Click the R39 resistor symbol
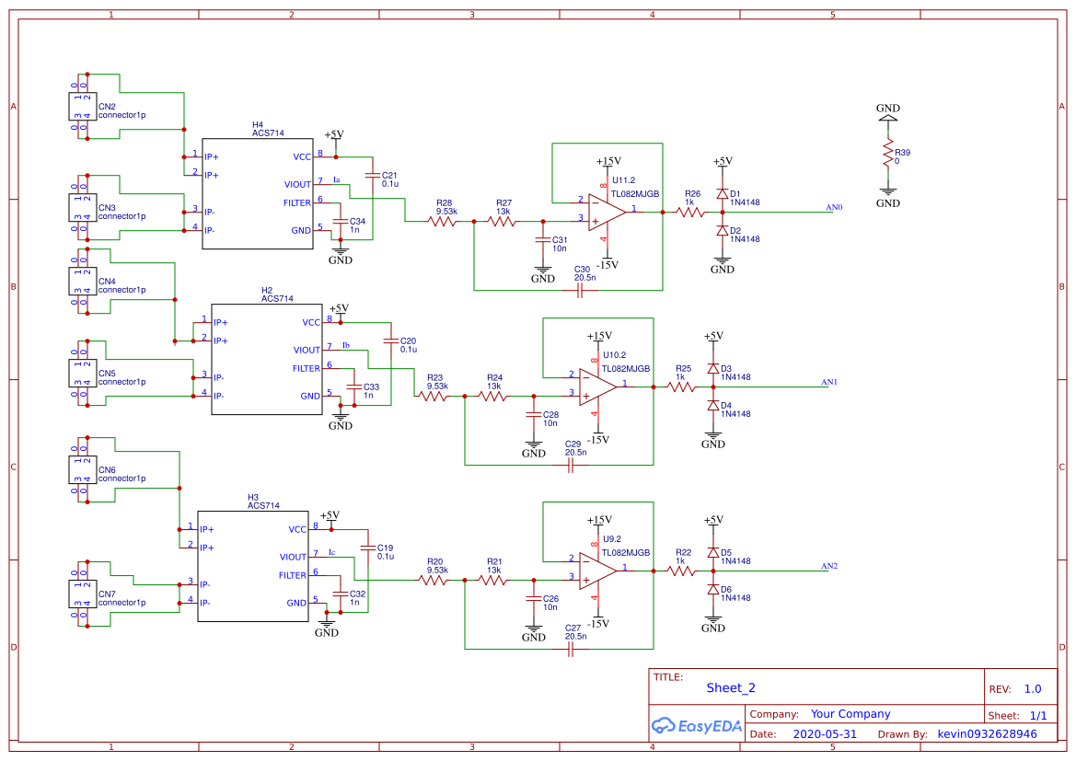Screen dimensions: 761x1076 (x=888, y=153)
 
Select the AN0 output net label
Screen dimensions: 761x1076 (x=834, y=208)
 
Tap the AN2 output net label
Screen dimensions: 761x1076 (x=829, y=566)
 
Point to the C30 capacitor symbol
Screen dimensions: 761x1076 (x=580, y=290)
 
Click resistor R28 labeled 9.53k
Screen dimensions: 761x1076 (x=445, y=221)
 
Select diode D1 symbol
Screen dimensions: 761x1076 (x=723, y=194)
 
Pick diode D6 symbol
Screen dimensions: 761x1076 (x=713, y=589)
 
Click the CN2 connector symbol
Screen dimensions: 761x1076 (x=79, y=106)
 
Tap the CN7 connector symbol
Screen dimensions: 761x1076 (x=79, y=594)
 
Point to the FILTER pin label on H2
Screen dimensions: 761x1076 (x=307, y=368)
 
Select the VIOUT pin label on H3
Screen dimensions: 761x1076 (x=293, y=557)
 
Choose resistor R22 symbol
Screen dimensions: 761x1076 (x=681, y=571)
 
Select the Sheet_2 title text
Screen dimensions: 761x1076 (x=730, y=687)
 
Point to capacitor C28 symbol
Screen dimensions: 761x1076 (x=531, y=415)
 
